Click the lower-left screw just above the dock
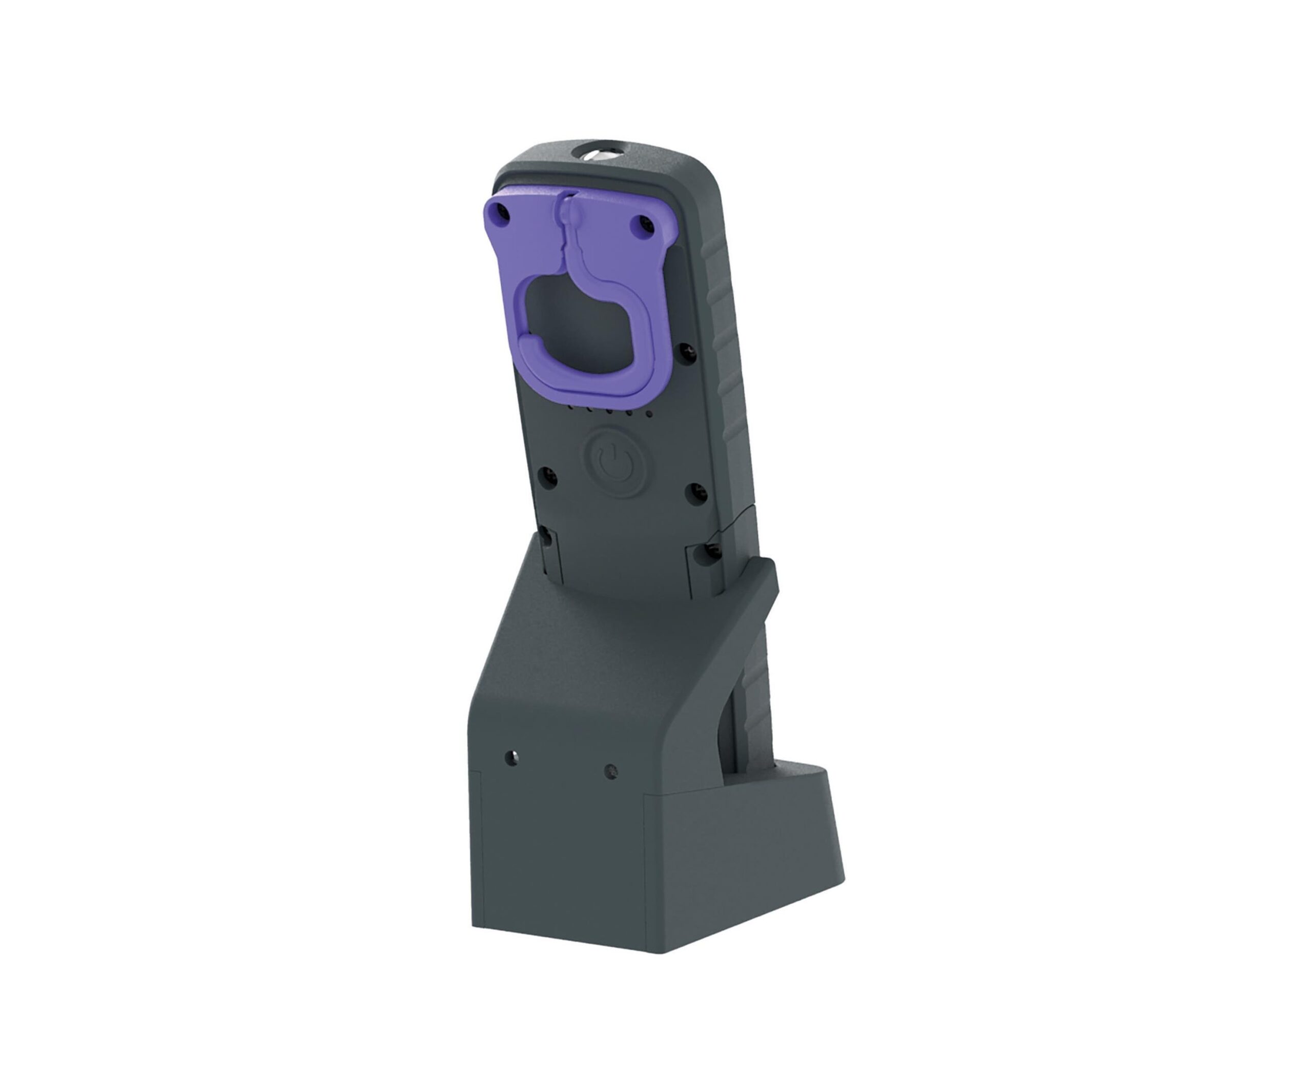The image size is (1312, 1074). (x=544, y=535)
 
